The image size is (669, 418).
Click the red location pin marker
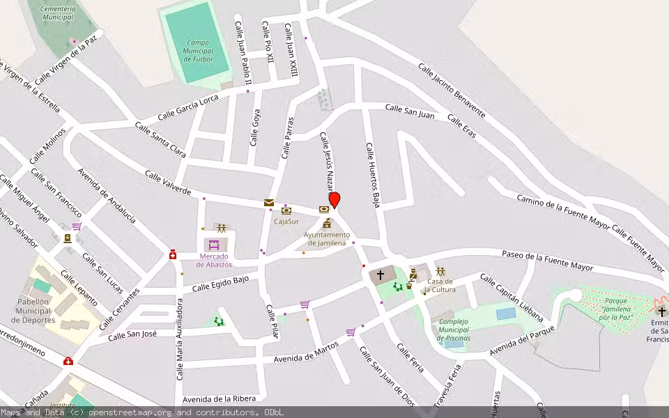(334, 200)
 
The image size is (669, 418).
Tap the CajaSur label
(286, 222)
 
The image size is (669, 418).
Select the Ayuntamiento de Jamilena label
(327, 239)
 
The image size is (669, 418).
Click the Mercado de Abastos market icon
(215, 245)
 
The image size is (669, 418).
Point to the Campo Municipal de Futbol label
(197, 51)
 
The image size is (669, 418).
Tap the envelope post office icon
(269, 203)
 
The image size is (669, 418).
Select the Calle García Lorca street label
(187, 107)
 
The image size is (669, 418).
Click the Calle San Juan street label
(410, 111)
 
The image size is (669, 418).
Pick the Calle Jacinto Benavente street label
(452, 89)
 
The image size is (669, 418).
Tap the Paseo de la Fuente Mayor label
(547, 262)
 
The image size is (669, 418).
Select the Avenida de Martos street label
(306, 352)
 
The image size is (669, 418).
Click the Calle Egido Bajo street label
(220, 284)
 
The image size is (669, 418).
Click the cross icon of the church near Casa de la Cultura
(380, 275)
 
